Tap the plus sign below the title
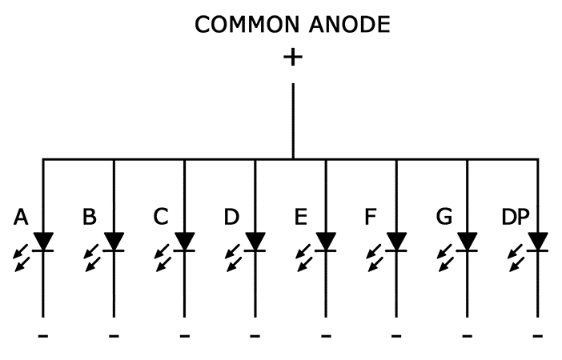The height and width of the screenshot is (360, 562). coord(293,57)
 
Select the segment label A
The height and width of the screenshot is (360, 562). coord(22,217)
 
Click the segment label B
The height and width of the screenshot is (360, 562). coord(90,217)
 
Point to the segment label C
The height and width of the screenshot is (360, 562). coord(161,217)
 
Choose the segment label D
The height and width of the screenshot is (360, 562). coord(231,217)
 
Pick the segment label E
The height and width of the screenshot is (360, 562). coord(301,217)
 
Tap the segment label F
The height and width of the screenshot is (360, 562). coord(371,217)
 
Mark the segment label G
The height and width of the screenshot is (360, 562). coord(443,217)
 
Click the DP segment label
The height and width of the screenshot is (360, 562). coord(515,217)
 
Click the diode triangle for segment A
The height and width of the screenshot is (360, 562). coord(43,240)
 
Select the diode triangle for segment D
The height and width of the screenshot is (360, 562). coord(255,240)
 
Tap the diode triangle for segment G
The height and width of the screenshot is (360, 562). coord(468,240)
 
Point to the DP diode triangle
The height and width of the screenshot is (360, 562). coord(538,240)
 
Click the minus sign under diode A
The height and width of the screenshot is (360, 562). coord(43,337)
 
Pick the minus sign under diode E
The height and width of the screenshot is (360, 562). coord(326,337)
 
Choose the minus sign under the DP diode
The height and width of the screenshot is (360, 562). coord(538,337)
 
